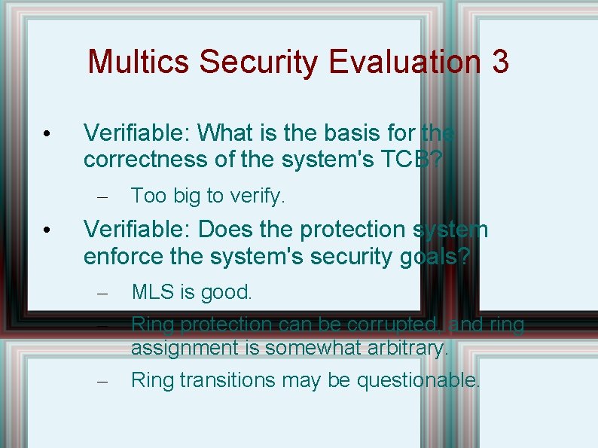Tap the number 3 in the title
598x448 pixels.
(500, 62)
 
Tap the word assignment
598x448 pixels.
(191, 348)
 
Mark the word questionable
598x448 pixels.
(418, 380)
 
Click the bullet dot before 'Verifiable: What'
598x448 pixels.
(47, 134)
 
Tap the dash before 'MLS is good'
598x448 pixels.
(104, 293)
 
